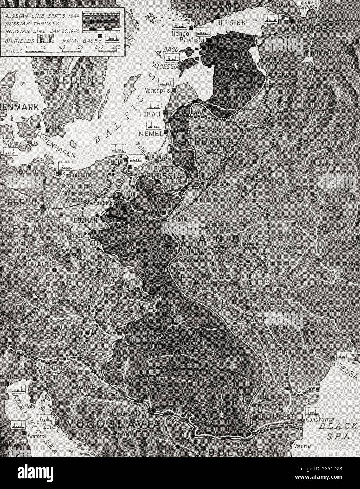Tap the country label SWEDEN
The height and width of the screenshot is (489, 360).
pos(69,80)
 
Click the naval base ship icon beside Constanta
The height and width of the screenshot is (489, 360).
pos(312,412)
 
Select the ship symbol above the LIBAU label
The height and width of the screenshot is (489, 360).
pos(154,106)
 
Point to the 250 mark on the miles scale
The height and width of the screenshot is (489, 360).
pos(116,47)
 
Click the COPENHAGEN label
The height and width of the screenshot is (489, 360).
pos(56,145)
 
